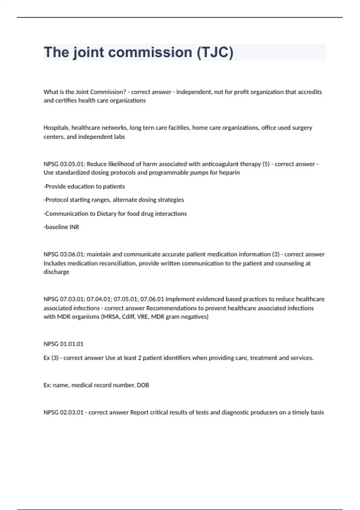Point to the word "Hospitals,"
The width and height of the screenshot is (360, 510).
(56, 128)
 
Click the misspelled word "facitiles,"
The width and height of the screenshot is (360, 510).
(179, 128)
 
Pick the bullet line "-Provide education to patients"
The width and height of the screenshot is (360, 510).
(84, 186)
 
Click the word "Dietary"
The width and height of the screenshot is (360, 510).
(106, 214)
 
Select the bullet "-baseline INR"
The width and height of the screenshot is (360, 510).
(61, 227)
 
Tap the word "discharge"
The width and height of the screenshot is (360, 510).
(56, 272)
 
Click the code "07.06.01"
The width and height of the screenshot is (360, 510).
(152, 299)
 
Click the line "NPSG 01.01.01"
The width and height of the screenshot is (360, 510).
(64, 344)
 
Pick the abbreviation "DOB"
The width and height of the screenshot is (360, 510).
(143, 385)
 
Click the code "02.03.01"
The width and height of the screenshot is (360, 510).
(72, 412)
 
